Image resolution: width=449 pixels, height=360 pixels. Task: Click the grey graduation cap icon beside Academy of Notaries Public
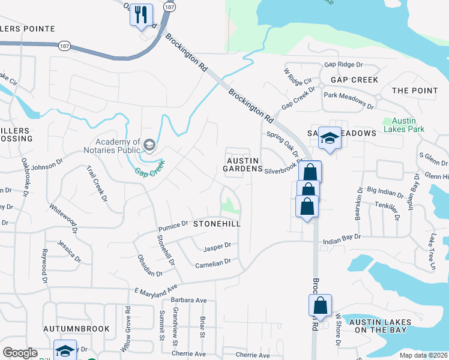149,144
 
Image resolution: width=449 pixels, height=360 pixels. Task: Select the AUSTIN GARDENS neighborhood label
243,165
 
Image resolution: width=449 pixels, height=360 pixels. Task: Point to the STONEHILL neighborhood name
217,224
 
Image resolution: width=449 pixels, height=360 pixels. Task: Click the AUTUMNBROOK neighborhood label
76,329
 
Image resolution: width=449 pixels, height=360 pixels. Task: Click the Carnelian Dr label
213,263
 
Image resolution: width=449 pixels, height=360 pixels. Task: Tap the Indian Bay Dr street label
342,237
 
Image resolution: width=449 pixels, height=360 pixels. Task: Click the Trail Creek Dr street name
97,183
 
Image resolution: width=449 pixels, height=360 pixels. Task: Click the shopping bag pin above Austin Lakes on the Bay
320,306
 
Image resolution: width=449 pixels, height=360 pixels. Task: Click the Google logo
20,353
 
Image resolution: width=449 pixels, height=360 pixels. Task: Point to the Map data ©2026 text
424,356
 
